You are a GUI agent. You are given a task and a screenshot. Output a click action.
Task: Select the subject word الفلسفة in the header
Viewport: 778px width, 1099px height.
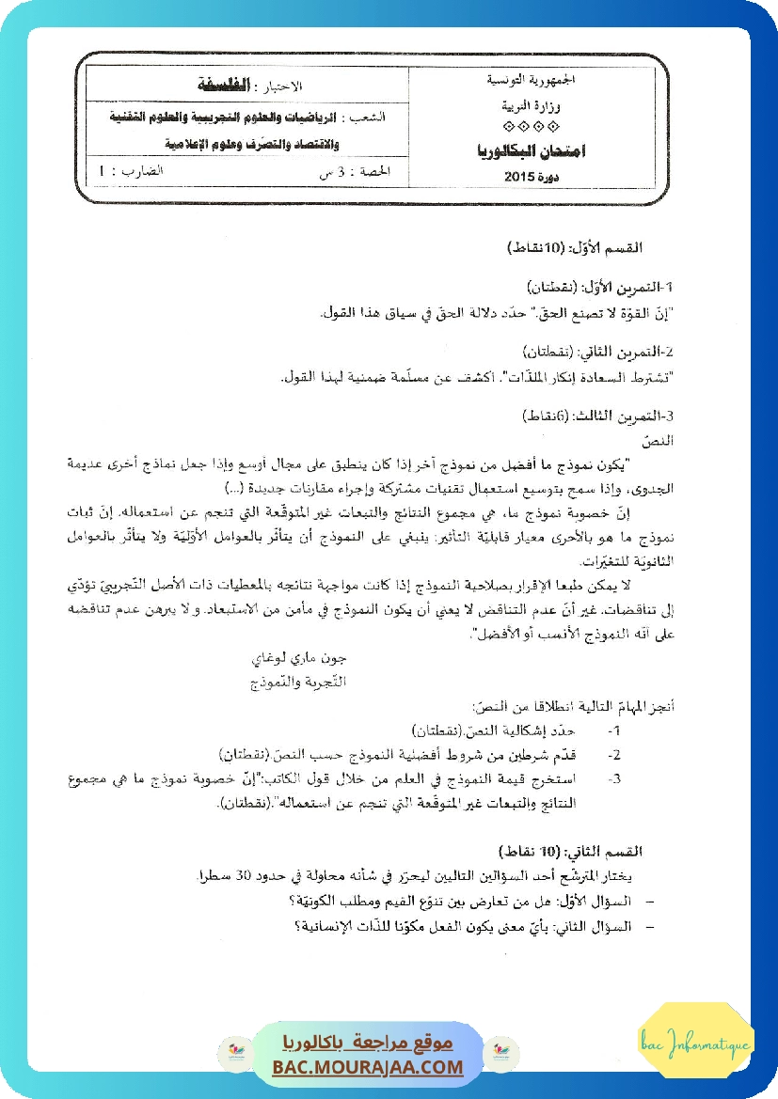click(x=230, y=86)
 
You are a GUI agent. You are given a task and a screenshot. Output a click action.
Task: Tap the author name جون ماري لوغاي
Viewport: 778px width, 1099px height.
click(x=287, y=659)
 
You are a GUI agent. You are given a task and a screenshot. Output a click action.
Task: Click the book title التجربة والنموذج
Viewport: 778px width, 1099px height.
click(x=287, y=680)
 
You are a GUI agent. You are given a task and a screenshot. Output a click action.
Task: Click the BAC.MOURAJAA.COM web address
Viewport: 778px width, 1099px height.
click(x=368, y=1067)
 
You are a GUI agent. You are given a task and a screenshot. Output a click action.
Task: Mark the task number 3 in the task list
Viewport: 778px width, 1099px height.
click(x=614, y=778)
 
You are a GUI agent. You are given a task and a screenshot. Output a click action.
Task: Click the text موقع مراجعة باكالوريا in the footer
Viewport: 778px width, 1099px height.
click(x=368, y=1043)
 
